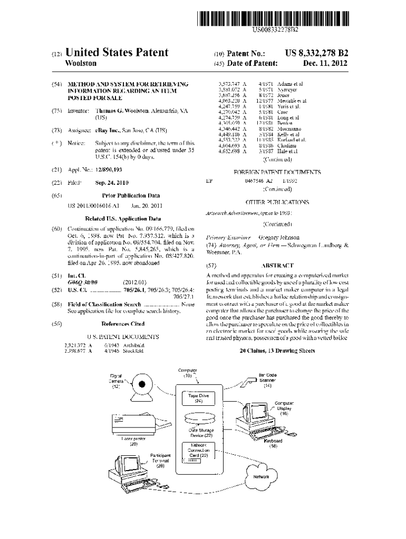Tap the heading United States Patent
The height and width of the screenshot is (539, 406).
tap(116, 53)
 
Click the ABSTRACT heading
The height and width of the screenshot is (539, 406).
tap(277, 266)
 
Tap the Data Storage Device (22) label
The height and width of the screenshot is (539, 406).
tap(201, 433)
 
